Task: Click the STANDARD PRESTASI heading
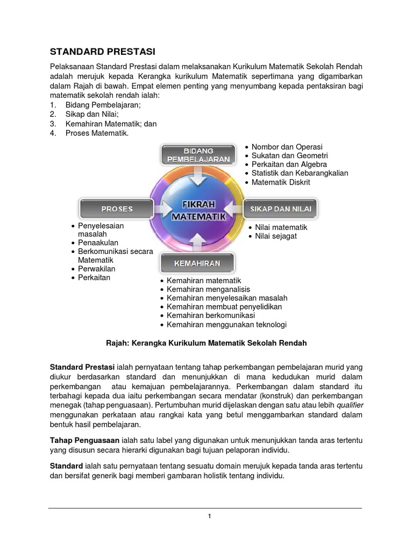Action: point(102,52)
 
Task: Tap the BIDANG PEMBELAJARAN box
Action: point(198,154)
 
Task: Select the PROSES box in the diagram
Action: point(117,208)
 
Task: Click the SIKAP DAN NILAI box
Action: point(281,208)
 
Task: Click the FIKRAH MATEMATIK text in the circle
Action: point(198,210)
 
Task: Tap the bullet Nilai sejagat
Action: point(276,236)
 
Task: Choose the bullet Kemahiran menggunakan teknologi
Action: point(226,324)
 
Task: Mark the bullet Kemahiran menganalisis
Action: point(208,289)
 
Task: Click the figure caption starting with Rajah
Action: point(206,343)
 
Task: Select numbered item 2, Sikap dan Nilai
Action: point(92,114)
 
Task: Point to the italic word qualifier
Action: point(345,407)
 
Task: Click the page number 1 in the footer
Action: point(209,517)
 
